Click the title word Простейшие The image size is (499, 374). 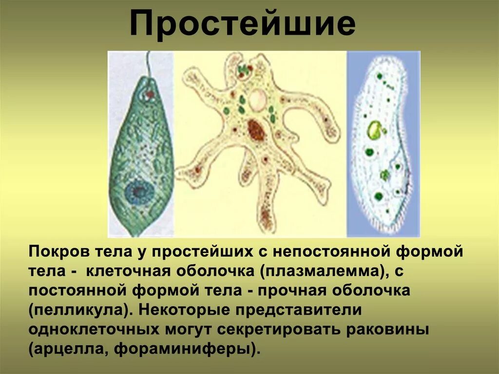242,24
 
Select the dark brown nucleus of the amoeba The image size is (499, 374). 255,131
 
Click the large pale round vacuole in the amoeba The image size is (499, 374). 257,100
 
